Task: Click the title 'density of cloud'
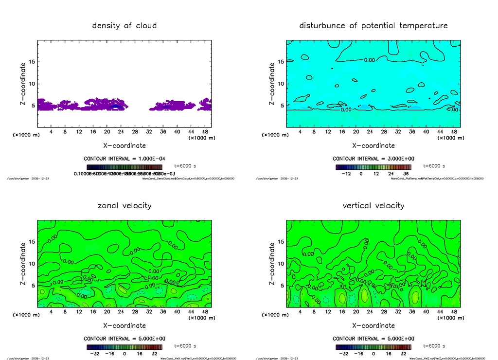point(124,25)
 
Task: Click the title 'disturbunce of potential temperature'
point(373,25)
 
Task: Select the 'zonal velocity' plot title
point(124,205)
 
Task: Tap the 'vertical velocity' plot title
point(373,205)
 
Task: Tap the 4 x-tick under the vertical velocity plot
point(300,312)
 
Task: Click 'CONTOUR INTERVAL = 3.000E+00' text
point(373,159)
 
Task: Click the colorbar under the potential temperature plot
point(373,167)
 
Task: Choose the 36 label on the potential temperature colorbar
point(405,173)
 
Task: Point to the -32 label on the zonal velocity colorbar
point(94,354)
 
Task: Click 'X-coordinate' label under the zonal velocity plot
point(124,325)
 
